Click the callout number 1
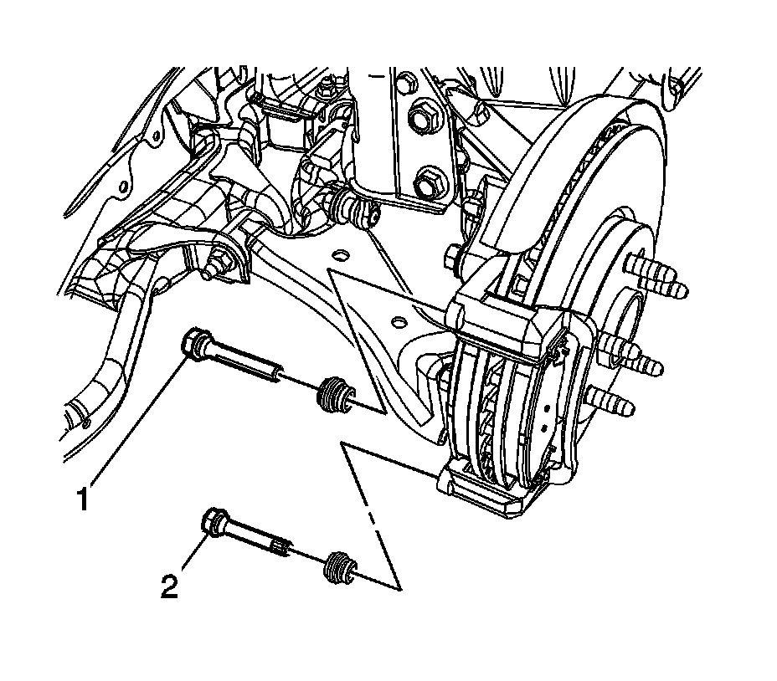coord(82,499)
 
